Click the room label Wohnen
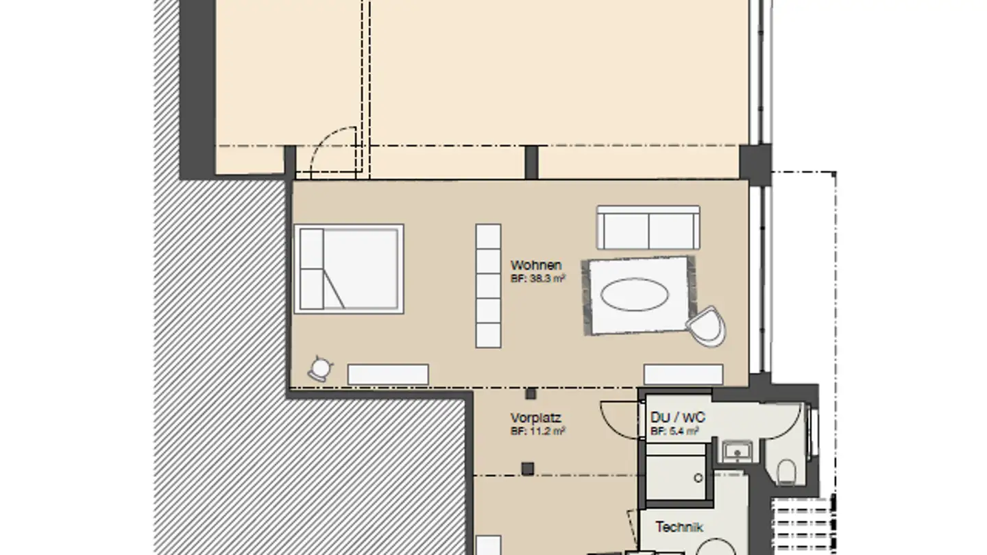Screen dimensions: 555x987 coord(536,265)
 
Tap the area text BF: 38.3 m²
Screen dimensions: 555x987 coord(538,279)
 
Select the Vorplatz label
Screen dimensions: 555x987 coord(535,417)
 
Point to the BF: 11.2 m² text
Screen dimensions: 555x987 coord(538,432)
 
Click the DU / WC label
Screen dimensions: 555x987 coord(678,417)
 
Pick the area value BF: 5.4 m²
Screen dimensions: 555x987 coord(674,432)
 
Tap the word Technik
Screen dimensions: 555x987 coord(679,527)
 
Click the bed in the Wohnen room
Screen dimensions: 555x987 coord(349,269)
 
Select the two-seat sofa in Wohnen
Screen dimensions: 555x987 coord(648,227)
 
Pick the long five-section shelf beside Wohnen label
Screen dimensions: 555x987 coord(488,285)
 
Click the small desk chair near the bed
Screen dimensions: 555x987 coord(319,369)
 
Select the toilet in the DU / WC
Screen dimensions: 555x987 coord(787,471)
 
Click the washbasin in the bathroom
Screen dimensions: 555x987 coord(737,452)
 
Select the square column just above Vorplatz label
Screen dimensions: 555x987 coord(531,394)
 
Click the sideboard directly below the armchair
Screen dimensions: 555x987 coord(683,374)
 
